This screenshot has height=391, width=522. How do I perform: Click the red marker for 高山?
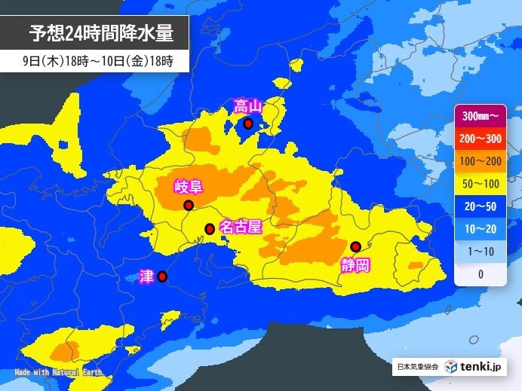(248, 124)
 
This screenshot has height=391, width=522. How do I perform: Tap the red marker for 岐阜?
(188, 205)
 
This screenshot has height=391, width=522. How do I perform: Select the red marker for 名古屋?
(210, 228)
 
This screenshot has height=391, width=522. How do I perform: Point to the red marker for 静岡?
(355, 246)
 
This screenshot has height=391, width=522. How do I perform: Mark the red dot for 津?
(162, 276)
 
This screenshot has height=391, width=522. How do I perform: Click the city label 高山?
(247, 106)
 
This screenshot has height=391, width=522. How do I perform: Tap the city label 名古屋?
(240, 227)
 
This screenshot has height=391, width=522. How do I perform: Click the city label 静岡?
(354, 264)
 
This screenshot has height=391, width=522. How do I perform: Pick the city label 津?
(146, 276)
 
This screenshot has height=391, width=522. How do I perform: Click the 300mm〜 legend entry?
(480, 117)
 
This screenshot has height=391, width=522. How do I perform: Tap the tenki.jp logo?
(472, 367)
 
